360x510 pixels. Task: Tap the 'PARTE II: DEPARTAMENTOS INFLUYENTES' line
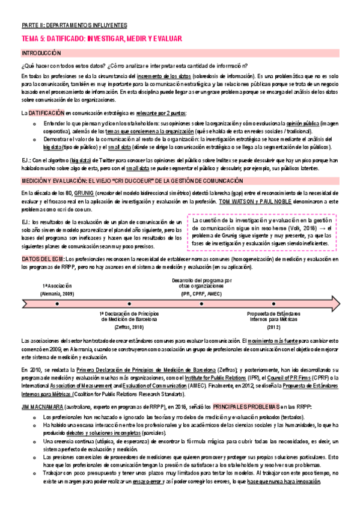(x=74, y=26)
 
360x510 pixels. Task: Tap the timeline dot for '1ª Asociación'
(x=56, y=304)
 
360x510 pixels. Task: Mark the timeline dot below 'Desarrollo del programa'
(x=201, y=304)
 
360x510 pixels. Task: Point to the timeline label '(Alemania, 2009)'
(x=58, y=293)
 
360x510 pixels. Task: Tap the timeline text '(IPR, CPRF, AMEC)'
(x=201, y=293)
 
